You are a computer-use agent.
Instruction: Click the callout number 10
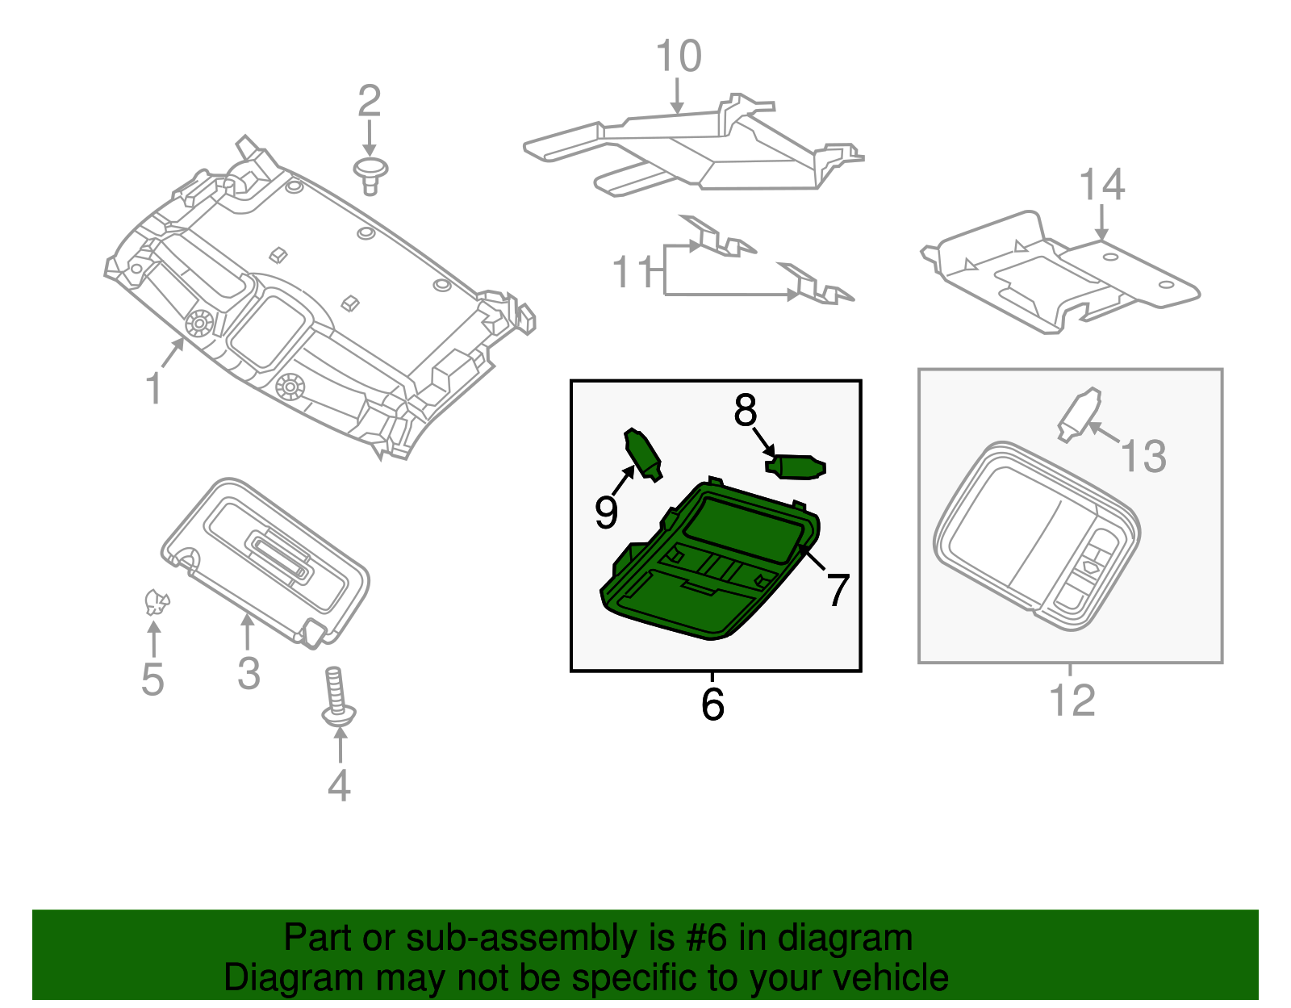pyautogui.click(x=678, y=56)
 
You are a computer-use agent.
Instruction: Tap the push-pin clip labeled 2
pyautogui.click(x=371, y=174)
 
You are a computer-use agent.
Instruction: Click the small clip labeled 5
pyautogui.click(x=156, y=602)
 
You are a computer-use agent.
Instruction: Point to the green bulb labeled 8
pyautogui.click(x=797, y=467)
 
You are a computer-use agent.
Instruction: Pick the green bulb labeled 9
pyautogui.click(x=643, y=454)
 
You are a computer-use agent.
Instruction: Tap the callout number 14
pyautogui.click(x=1102, y=186)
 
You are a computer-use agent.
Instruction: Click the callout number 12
pyautogui.click(x=1072, y=700)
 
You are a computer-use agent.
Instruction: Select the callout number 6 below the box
pyautogui.click(x=712, y=704)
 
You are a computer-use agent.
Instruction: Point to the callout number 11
pyautogui.click(x=633, y=272)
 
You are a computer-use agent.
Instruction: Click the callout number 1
pyautogui.click(x=153, y=389)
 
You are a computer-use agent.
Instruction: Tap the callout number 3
pyautogui.click(x=249, y=673)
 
